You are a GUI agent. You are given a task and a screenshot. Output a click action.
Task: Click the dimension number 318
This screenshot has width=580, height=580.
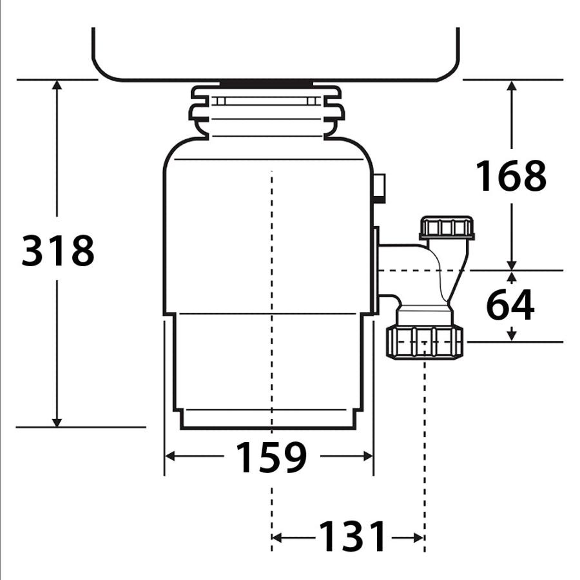(58, 251)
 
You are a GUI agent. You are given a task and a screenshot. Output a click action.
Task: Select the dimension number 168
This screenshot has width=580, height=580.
(511, 175)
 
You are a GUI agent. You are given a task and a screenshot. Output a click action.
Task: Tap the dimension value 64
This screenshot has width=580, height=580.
(510, 304)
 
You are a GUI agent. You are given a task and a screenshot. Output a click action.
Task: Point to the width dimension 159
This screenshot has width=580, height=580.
(271, 457)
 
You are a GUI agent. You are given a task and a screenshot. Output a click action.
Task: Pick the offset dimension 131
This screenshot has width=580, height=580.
(352, 536)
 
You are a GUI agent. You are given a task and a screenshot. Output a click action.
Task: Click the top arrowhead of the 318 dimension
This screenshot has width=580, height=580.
(57, 84)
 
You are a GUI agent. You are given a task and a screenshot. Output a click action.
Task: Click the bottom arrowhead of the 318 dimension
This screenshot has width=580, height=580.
(57, 422)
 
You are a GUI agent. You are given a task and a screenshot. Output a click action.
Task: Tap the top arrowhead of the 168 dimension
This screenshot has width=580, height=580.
(511, 86)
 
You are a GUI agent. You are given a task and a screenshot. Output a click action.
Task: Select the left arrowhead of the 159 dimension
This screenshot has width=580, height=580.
(169, 456)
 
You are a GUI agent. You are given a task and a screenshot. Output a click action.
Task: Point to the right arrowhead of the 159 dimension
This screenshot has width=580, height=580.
(368, 456)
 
